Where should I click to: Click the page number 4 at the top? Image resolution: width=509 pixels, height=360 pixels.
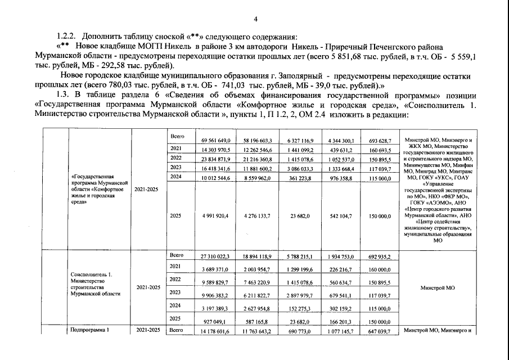[x=255, y=20]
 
